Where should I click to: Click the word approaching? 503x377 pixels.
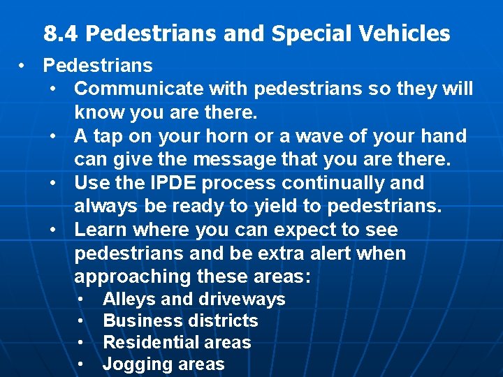(x=132, y=277)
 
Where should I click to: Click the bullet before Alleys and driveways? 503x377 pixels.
(x=82, y=299)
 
